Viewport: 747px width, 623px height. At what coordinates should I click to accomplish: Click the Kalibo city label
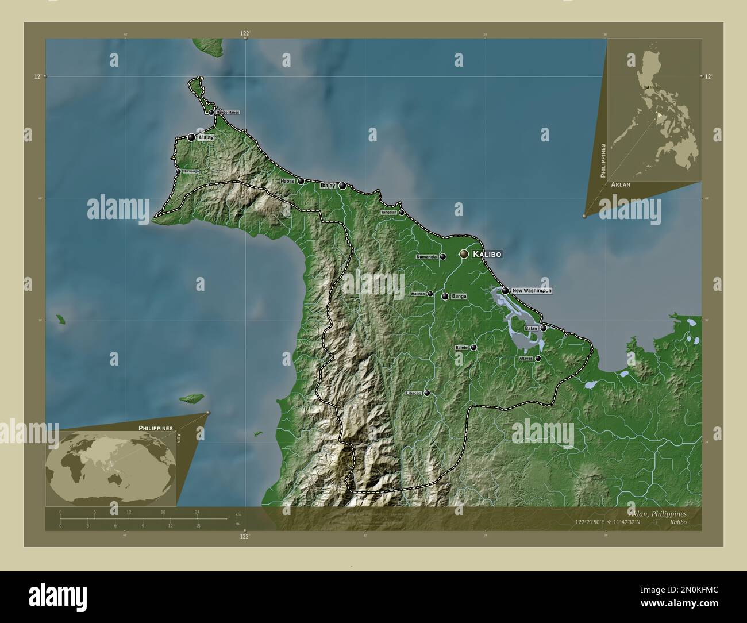tap(487, 254)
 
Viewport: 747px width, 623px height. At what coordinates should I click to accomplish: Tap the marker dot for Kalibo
tap(464, 253)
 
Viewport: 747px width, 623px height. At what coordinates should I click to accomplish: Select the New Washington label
tap(531, 291)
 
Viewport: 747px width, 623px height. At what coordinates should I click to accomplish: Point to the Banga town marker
tap(445, 297)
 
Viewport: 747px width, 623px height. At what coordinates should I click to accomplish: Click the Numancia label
tap(427, 257)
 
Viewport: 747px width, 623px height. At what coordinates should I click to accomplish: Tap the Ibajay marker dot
tap(342, 186)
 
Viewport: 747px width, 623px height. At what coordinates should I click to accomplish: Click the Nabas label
tap(287, 181)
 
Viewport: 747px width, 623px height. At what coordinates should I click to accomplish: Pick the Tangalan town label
tap(388, 213)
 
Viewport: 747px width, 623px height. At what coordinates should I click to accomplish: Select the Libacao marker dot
tap(427, 394)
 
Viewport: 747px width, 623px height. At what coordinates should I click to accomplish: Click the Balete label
tap(461, 348)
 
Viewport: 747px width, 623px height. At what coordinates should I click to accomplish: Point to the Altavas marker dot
tap(538, 359)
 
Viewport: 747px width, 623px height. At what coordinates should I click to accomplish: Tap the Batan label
tap(531, 328)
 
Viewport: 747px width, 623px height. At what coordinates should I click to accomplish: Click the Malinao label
tap(418, 294)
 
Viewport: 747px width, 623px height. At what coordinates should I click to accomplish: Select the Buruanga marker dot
tap(178, 171)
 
